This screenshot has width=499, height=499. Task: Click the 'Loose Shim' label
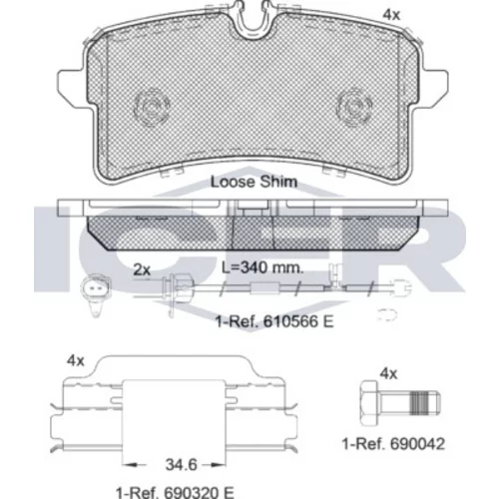[x=253, y=182]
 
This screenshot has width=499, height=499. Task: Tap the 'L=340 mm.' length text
[x=262, y=267]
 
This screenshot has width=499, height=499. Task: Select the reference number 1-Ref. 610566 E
[x=274, y=321]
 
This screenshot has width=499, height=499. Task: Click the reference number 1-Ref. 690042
[x=393, y=444]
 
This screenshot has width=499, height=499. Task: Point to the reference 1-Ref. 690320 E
[x=175, y=492]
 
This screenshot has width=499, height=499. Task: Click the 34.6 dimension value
[x=182, y=465]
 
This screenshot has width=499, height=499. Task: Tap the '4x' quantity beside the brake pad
[x=391, y=15]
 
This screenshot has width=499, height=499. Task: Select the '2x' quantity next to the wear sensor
[x=142, y=269]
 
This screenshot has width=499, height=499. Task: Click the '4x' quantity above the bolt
[x=388, y=374]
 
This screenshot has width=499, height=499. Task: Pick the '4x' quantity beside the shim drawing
[x=76, y=360]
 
